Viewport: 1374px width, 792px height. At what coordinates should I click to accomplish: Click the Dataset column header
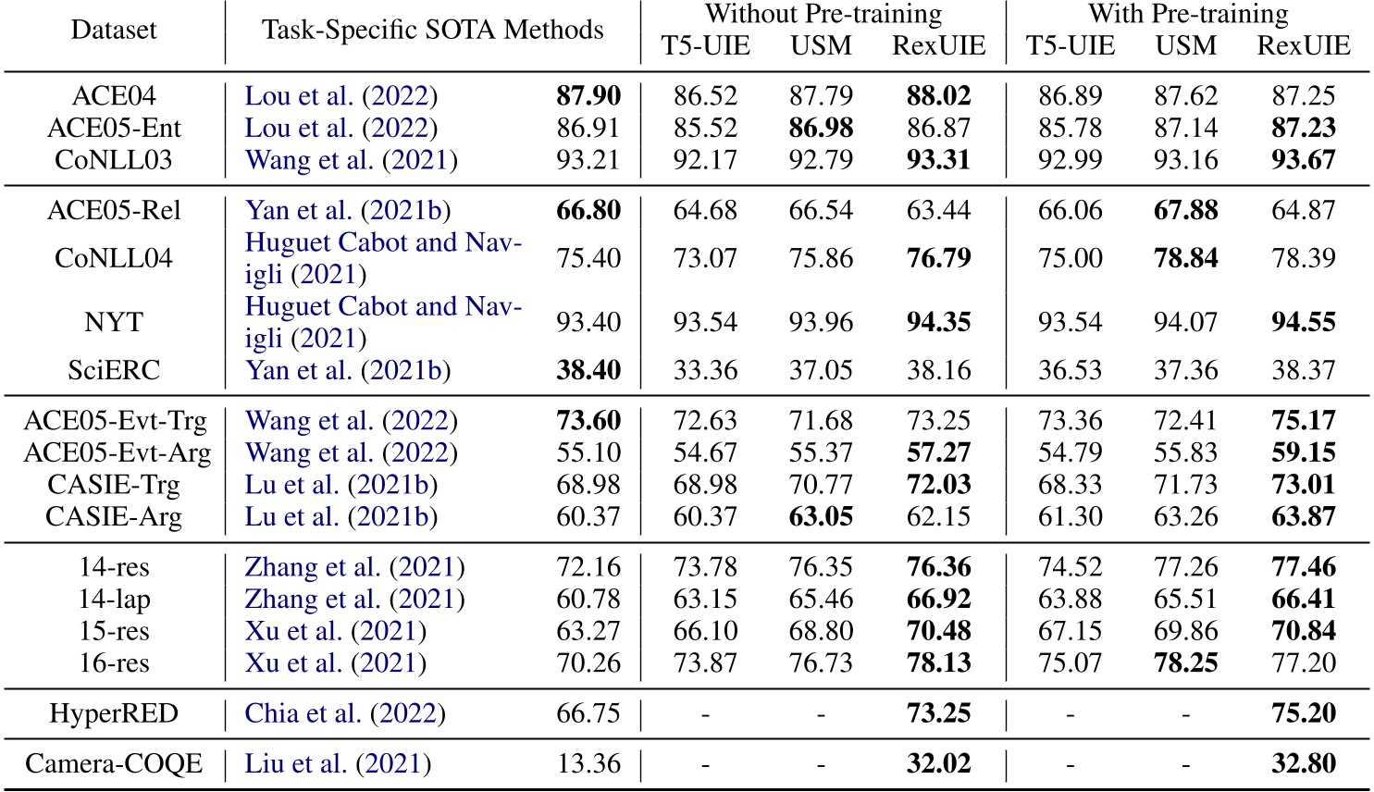click(114, 30)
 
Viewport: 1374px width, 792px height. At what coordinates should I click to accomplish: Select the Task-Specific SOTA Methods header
click(432, 30)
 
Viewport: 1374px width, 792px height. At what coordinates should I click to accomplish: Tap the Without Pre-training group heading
click(823, 14)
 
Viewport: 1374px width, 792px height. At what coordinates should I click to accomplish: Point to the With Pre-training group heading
click(1187, 14)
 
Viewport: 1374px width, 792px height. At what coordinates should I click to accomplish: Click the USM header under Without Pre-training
click(821, 45)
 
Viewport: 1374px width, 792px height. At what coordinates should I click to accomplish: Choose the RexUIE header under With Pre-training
click(1303, 45)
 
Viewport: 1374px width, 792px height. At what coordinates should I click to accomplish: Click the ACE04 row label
click(114, 96)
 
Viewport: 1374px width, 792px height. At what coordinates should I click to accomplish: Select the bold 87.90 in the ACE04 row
click(588, 96)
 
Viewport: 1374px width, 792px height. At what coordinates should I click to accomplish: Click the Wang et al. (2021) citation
click(351, 160)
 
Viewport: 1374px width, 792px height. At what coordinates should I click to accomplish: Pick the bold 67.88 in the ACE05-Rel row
click(1185, 210)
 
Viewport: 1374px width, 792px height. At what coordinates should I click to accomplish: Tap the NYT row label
click(114, 322)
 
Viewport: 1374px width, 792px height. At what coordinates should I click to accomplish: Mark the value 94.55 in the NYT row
click(1303, 322)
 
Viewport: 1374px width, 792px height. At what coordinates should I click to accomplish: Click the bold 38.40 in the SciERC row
click(588, 370)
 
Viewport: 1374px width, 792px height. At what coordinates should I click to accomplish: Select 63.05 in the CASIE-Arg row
click(821, 516)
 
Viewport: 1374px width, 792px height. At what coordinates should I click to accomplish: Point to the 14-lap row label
click(114, 600)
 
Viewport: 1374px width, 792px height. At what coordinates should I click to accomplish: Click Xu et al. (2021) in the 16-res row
click(335, 663)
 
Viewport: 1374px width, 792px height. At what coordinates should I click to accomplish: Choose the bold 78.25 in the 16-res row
click(1185, 663)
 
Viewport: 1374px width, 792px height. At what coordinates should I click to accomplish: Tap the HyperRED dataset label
click(114, 714)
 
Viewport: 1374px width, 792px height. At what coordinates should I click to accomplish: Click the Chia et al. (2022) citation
click(345, 714)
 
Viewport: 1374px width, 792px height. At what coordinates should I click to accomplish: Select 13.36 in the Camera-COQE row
click(588, 764)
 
